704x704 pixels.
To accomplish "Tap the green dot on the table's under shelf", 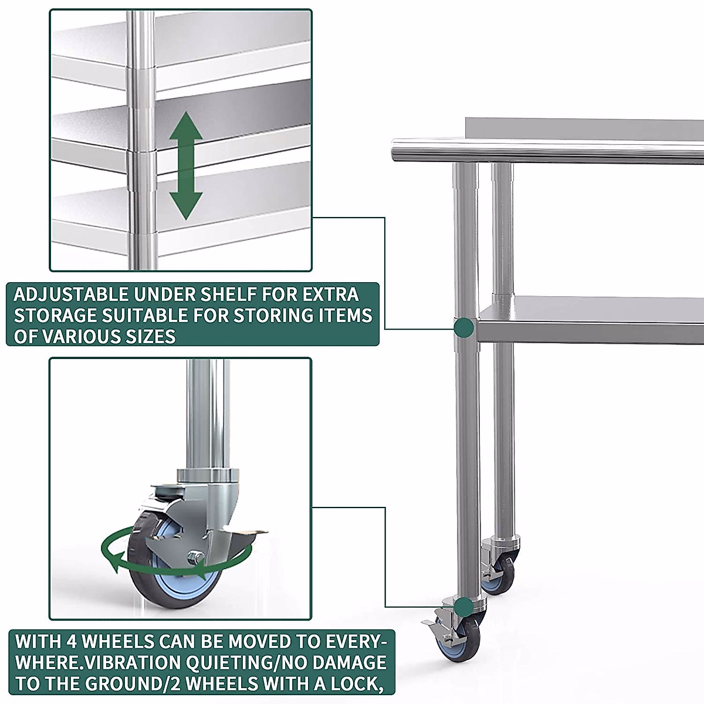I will click(x=465, y=327).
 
